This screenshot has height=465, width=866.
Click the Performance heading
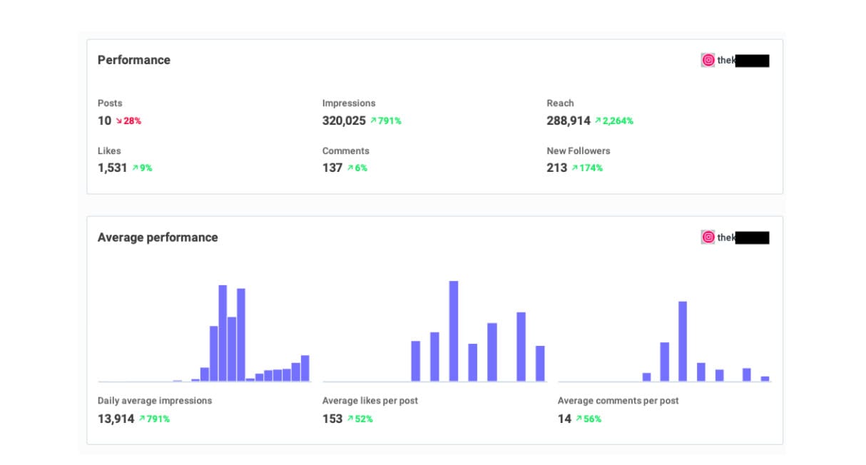coord(133,60)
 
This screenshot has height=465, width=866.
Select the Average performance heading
coord(158,237)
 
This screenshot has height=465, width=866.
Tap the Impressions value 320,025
coord(344,121)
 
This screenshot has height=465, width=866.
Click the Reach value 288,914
coord(569,121)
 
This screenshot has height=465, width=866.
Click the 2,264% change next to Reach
coord(614,121)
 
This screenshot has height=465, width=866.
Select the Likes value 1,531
coord(112,168)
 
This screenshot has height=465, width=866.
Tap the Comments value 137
coord(332,168)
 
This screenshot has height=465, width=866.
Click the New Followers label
coord(578,151)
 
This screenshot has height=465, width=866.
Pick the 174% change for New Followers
coord(587,168)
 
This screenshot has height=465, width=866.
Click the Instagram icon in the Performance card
coord(708,61)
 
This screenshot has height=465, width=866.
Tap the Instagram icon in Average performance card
coord(708,237)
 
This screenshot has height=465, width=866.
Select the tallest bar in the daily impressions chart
coord(223,333)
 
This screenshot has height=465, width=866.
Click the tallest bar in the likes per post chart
coord(453,331)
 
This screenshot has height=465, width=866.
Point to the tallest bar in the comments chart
coord(683,341)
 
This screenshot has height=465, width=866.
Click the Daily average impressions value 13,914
coord(116,419)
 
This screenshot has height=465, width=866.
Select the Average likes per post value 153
coord(332,419)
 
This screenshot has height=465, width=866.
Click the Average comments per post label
coord(618,401)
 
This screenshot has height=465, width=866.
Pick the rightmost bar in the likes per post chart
coord(540,364)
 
